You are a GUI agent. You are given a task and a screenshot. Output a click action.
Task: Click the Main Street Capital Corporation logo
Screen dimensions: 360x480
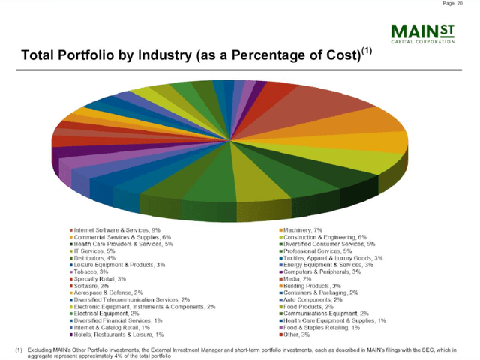click(424, 34)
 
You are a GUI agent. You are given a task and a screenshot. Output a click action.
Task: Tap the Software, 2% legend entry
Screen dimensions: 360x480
click(93, 286)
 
